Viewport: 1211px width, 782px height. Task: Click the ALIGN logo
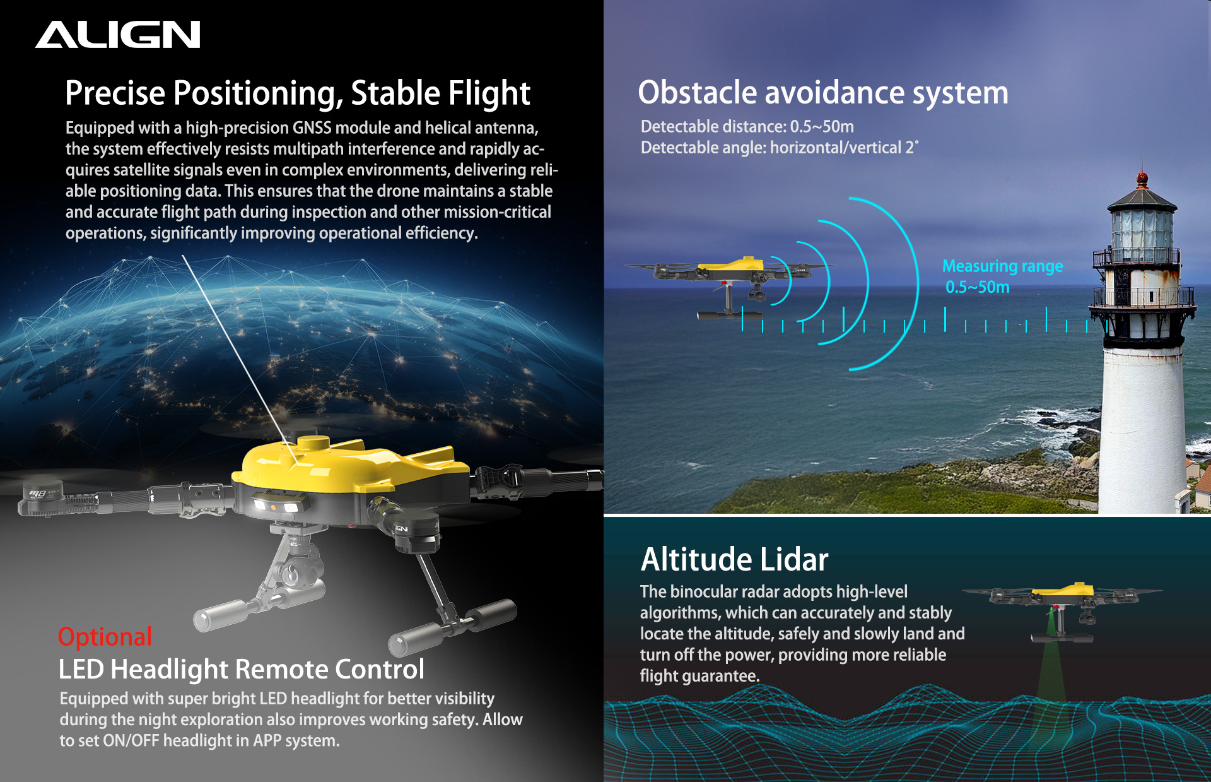click(x=118, y=35)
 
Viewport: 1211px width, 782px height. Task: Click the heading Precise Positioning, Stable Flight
click(x=298, y=93)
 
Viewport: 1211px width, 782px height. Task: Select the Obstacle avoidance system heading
click(x=823, y=93)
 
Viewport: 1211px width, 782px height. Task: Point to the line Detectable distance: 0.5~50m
click(x=747, y=126)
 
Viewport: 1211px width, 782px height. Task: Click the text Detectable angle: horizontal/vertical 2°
click(x=780, y=148)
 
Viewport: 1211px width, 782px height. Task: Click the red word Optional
click(x=105, y=637)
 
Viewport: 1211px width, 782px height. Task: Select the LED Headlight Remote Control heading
click(x=242, y=669)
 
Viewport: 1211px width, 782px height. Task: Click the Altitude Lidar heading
click(x=735, y=559)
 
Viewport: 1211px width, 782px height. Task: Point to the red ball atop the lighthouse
click(x=1142, y=179)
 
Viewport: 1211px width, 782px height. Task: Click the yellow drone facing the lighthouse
click(x=732, y=284)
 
